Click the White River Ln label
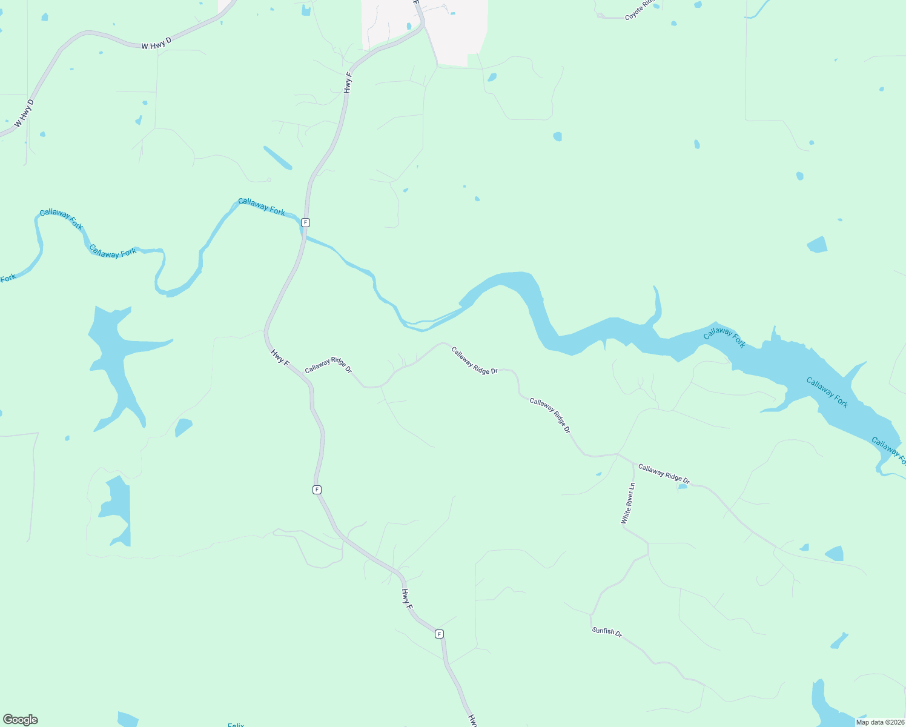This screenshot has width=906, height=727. pyautogui.click(x=628, y=503)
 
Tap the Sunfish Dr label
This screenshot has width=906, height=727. pyautogui.click(x=607, y=631)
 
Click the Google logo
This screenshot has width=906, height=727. pyautogui.click(x=21, y=720)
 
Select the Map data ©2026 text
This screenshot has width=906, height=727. pyautogui.click(x=879, y=722)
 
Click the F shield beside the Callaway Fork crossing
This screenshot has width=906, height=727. pyautogui.click(x=305, y=222)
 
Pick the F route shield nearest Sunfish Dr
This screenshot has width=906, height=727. pyautogui.click(x=439, y=634)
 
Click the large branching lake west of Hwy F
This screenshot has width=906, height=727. pyautogui.click(x=115, y=357)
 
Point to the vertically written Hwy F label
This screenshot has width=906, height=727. pyautogui.click(x=348, y=82)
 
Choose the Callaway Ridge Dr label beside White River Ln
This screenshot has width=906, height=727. pyautogui.click(x=664, y=473)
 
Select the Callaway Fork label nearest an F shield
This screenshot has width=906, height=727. pyautogui.click(x=262, y=207)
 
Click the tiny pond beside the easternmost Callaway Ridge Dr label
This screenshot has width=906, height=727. pyautogui.click(x=683, y=486)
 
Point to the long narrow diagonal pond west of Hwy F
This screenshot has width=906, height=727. pyautogui.click(x=277, y=158)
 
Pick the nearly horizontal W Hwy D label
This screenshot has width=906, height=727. pyautogui.click(x=156, y=43)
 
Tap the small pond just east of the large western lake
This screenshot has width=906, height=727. pyautogui.click(x=184, y=427)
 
